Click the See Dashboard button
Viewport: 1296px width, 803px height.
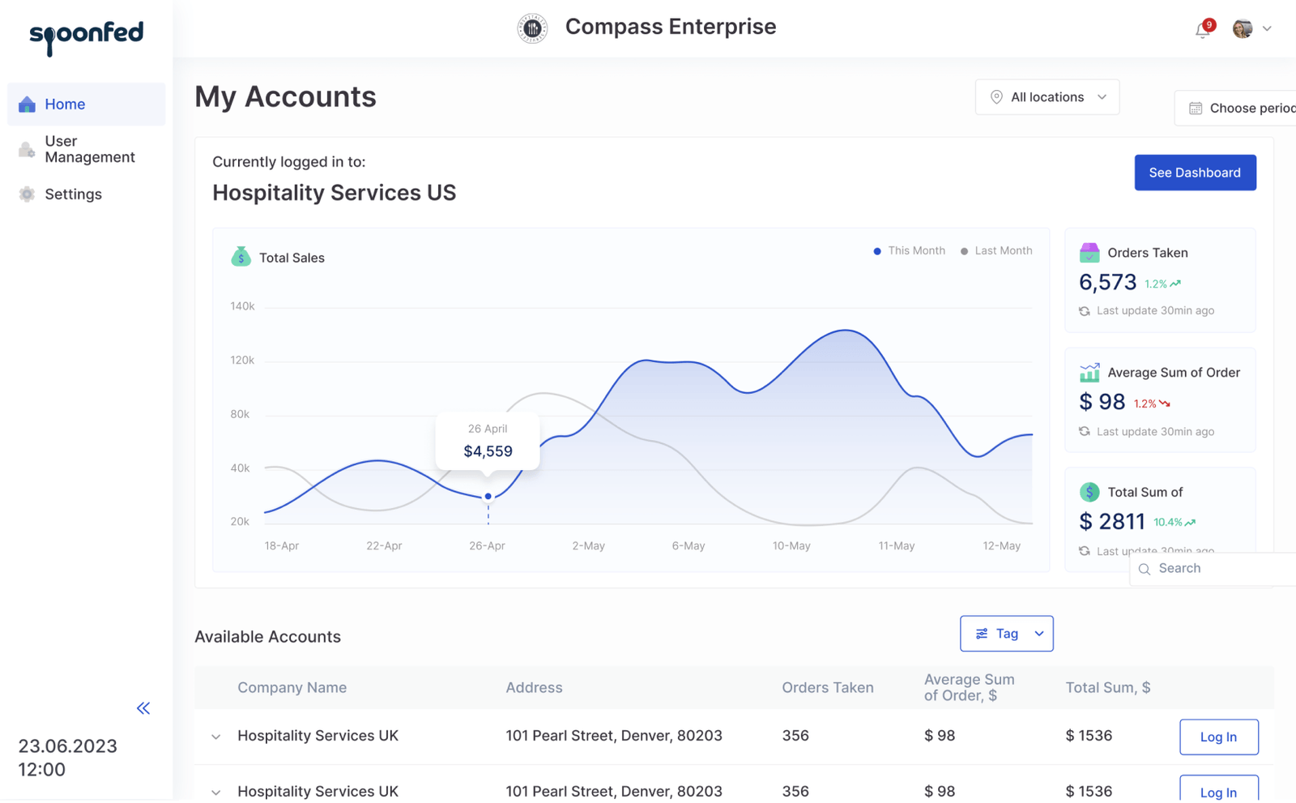1195,173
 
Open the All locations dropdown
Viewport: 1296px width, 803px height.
1047,97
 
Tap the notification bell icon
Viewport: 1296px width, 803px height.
1203,30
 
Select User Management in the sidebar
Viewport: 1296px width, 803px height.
89,149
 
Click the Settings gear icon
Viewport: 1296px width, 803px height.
27,194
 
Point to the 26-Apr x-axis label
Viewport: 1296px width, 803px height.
487,546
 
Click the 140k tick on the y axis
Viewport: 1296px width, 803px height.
242,306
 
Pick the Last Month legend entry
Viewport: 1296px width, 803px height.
996,251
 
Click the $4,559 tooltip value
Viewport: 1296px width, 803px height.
488,451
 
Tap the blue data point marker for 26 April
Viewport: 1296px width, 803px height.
488,496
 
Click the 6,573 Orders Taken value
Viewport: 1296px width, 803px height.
1107,282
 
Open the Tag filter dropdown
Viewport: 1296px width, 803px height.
1007,634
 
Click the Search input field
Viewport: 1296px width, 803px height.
1215,569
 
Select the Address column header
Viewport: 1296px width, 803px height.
534,688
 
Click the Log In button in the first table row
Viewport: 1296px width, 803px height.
1218,737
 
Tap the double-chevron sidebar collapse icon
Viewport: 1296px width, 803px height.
143,708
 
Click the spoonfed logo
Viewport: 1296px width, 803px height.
86,36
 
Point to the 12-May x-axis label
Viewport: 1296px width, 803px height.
1001,546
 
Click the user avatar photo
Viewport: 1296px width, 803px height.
1243,29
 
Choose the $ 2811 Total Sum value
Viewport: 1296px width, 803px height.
1112,521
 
